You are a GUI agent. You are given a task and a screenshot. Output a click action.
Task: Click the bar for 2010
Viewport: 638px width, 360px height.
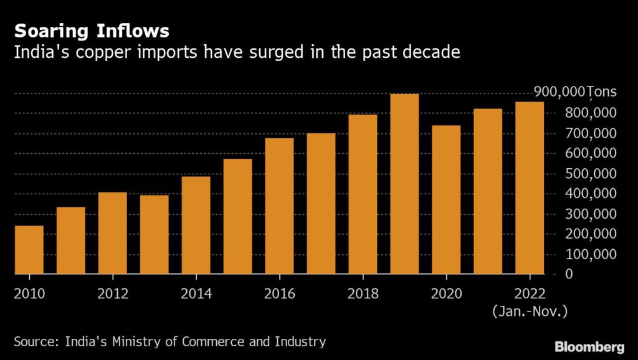coord(29,250)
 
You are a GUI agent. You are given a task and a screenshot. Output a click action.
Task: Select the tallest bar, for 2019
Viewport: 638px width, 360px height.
coord(404,184)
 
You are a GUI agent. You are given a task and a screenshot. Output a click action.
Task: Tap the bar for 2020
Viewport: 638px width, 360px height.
coord(446,199)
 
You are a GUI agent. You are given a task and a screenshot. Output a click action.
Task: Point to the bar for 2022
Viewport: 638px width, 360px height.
coord(530,187)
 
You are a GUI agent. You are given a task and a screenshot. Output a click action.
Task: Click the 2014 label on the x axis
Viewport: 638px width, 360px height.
coord(196,293)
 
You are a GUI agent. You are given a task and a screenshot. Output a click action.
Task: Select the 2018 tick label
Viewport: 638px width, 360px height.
coord(363,293)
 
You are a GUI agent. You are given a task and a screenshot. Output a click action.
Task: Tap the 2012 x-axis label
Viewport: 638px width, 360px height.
coord(112,293)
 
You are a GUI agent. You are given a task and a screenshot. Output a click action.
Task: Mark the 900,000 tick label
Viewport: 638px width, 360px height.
coord(559,92)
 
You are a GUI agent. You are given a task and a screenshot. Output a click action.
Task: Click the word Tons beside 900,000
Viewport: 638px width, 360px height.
coord(602,92)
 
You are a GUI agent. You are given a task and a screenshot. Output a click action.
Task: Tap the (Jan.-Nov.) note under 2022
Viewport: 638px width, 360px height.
coord(530,310)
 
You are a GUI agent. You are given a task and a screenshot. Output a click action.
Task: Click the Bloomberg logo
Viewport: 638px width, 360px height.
coord(589,346)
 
